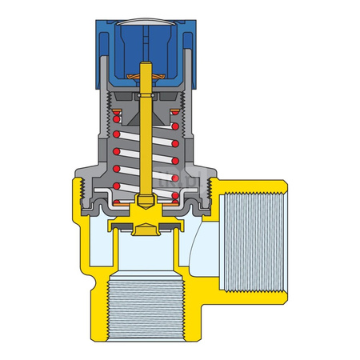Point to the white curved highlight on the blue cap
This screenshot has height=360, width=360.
(146, 25)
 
